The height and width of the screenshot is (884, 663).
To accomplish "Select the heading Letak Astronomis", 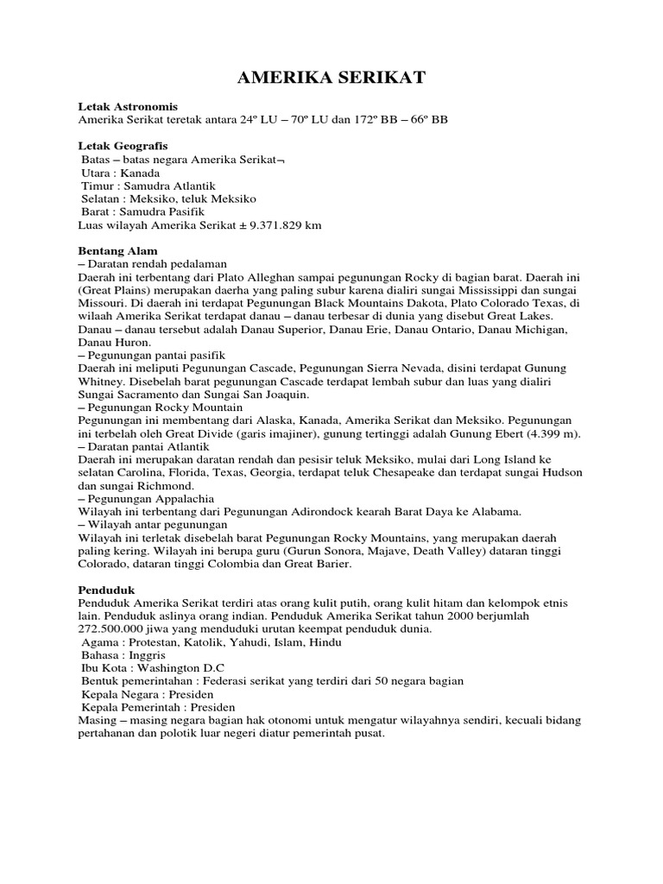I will click(128, 105).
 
